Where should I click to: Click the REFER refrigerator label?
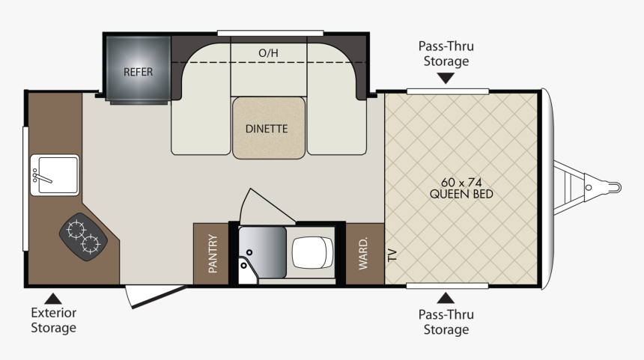pyautogui.click(x=138, y=73)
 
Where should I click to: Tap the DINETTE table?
pyautogui.click(x=269, y=128)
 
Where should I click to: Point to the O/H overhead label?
pyautogui.click(x=268, y=53)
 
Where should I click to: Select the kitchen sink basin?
pyautogui.click(x=55, y=175)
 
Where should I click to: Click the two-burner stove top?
pyautogui.click(x=83, y=237)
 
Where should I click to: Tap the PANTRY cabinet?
pyautogui.click(x=210, y=254)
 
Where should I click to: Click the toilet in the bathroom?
pyautogui.click(x=312, y=252)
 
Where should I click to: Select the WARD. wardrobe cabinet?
pyautogui.click(x=365, y=254)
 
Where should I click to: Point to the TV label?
pyautogui.click(x=392, y=255)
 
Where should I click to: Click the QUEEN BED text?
pyautogui.click(x=461, y=194)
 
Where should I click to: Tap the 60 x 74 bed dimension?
pyautogui.click(x=461, y=182)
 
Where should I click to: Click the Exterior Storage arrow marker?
pyautogui.click(x=53, y=299)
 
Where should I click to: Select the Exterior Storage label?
pyautogui.click(x=53, y=320)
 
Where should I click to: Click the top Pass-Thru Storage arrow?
pyautogui.click(x=446, y=78)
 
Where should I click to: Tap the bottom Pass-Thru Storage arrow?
pyautogui.click(x=446, y=298)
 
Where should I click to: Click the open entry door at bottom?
pyautogui.click(x=155, y=296)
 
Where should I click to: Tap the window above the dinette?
pyautogui.click(x=270, y=33)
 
